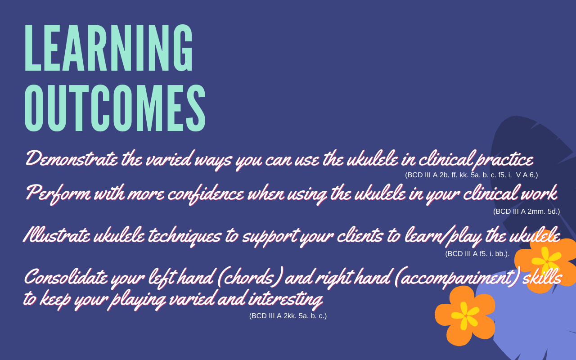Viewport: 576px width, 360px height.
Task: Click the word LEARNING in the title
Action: pyautogui.click(x=108, y=48)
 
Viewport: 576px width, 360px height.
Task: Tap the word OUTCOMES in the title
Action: pyautogui.click(x=115, y=108)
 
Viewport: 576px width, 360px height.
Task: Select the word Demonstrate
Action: pyautogui.click(x=72, y=158)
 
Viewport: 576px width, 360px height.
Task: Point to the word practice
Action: pyautogui.click(x=504, y=160)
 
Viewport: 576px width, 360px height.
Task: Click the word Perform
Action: pyautogui.click(x=58, y=193)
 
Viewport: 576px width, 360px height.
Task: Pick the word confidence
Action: pyautogui.click(x=206, y=194)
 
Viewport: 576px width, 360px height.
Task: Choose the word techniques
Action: pyautogui.click(x=184, y=236)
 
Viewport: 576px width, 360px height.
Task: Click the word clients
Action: pyautogui.click(x=360, y=235)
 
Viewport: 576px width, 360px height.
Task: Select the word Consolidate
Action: pyautogui.click(x=66, y=277)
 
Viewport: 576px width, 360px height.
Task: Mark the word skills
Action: pyautogui.click(x=542, y=277)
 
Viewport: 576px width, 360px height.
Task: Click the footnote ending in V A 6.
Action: pyautogui.click(x=471, y=175)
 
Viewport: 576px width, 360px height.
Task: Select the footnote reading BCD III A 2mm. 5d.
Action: pyautogui.click(x=526, y=211)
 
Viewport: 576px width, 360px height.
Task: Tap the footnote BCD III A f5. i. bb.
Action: pyautogui.click(x=477, y=253)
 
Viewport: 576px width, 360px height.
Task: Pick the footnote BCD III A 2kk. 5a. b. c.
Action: pyautogui.click(x=288, y=316)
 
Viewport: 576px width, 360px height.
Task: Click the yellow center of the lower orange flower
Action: pyautogui.click(x=465, y=316)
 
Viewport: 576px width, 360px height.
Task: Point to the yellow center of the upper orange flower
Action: pyautogui.click(x=546, y=260)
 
